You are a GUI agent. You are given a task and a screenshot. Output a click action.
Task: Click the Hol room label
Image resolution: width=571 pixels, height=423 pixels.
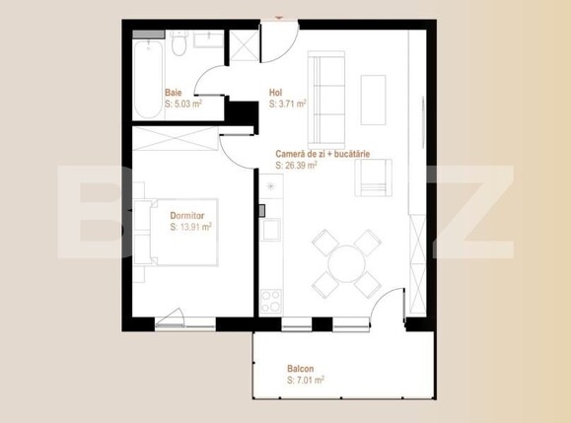[x=275, y=93]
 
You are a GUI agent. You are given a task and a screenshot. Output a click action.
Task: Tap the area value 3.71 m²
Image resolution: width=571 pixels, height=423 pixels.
[x=288, y=103]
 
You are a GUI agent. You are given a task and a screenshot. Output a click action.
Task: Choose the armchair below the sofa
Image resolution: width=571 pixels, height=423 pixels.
[x=376, y=177]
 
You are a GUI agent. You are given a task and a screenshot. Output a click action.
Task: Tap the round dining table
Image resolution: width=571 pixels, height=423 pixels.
[x=346, y=262]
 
